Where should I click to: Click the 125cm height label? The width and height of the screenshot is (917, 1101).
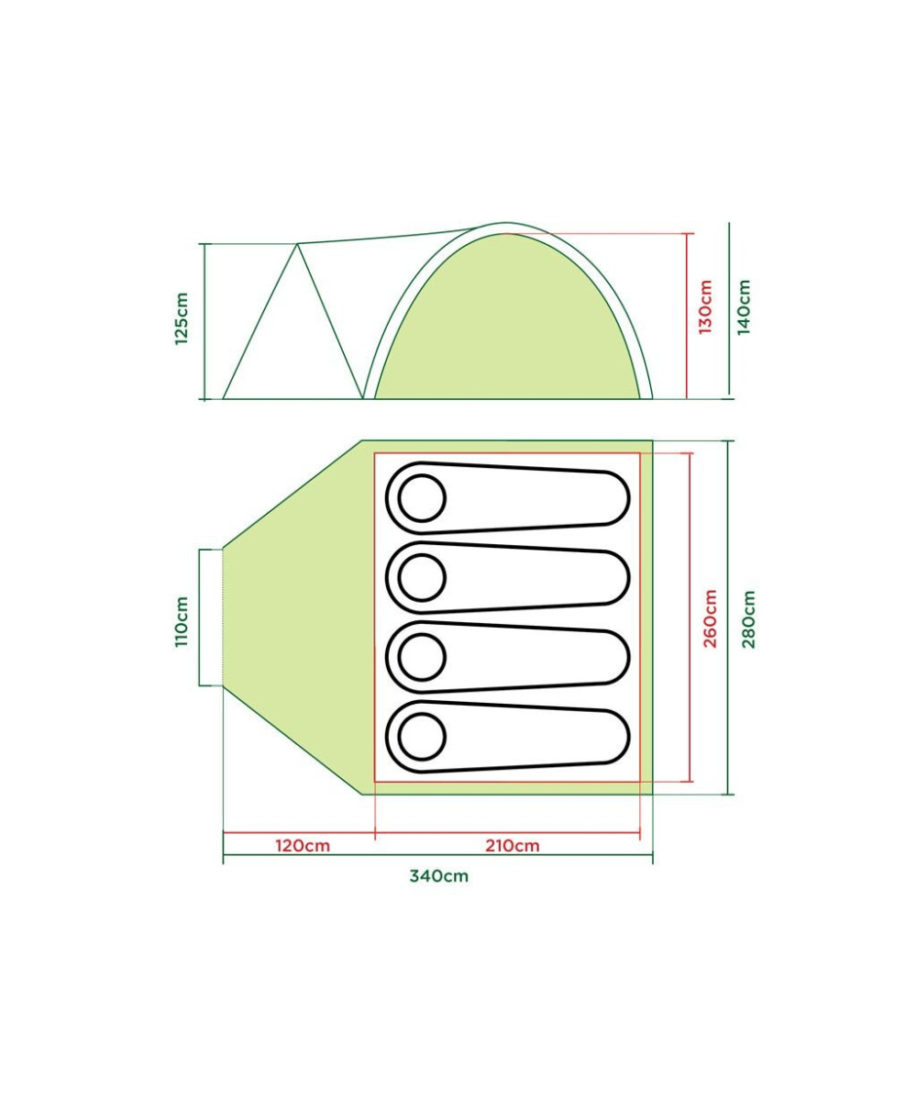182,318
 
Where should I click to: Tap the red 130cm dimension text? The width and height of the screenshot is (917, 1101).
705,306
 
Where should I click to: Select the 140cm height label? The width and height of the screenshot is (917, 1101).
744,306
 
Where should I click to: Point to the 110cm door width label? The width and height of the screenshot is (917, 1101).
182,621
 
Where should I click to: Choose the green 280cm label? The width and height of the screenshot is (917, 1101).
748,619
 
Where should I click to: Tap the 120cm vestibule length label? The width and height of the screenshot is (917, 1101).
303,846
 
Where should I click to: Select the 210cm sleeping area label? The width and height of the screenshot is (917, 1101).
513,846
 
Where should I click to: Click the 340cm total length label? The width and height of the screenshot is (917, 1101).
439,876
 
